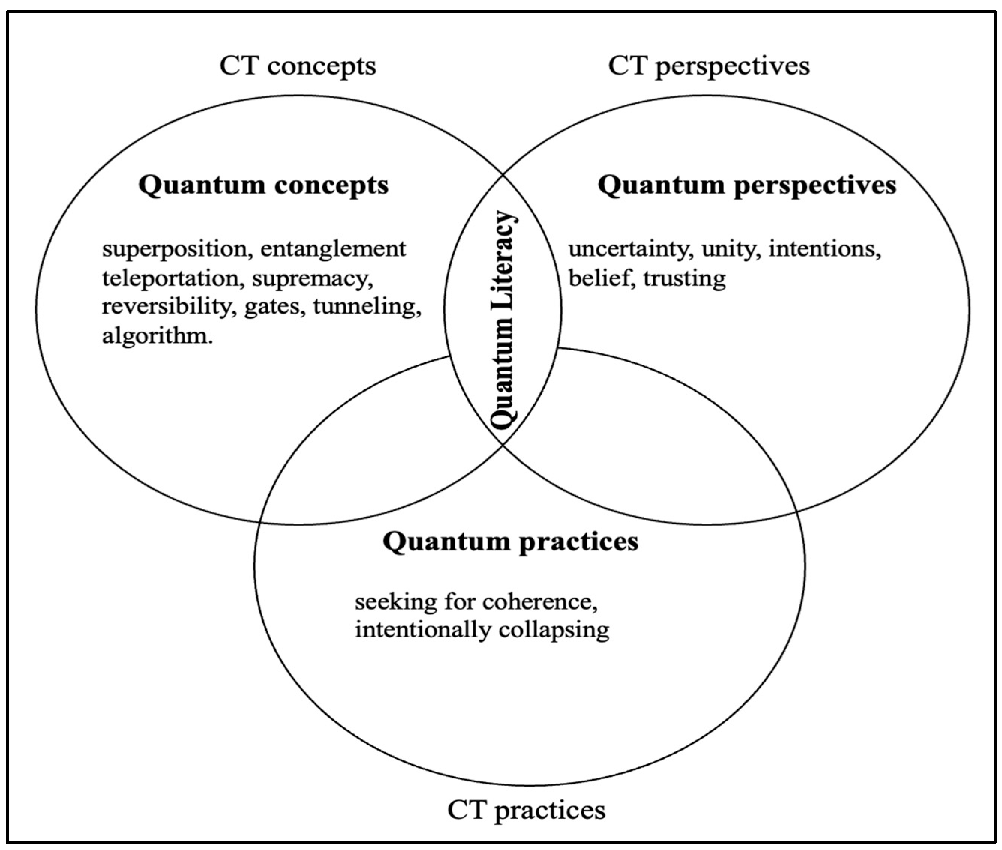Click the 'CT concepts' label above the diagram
tap(298, 66)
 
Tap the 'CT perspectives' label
tap(709, 66)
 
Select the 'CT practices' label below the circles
tap(526, 809)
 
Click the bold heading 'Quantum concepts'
tap(264, 185)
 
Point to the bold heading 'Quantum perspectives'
tap(747, 185)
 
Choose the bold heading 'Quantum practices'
tap(511, 542)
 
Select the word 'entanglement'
tap(333, 249)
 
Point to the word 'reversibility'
tap(166, 307)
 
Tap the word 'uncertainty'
tap(631, 249)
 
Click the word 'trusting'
tap(684, 278)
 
